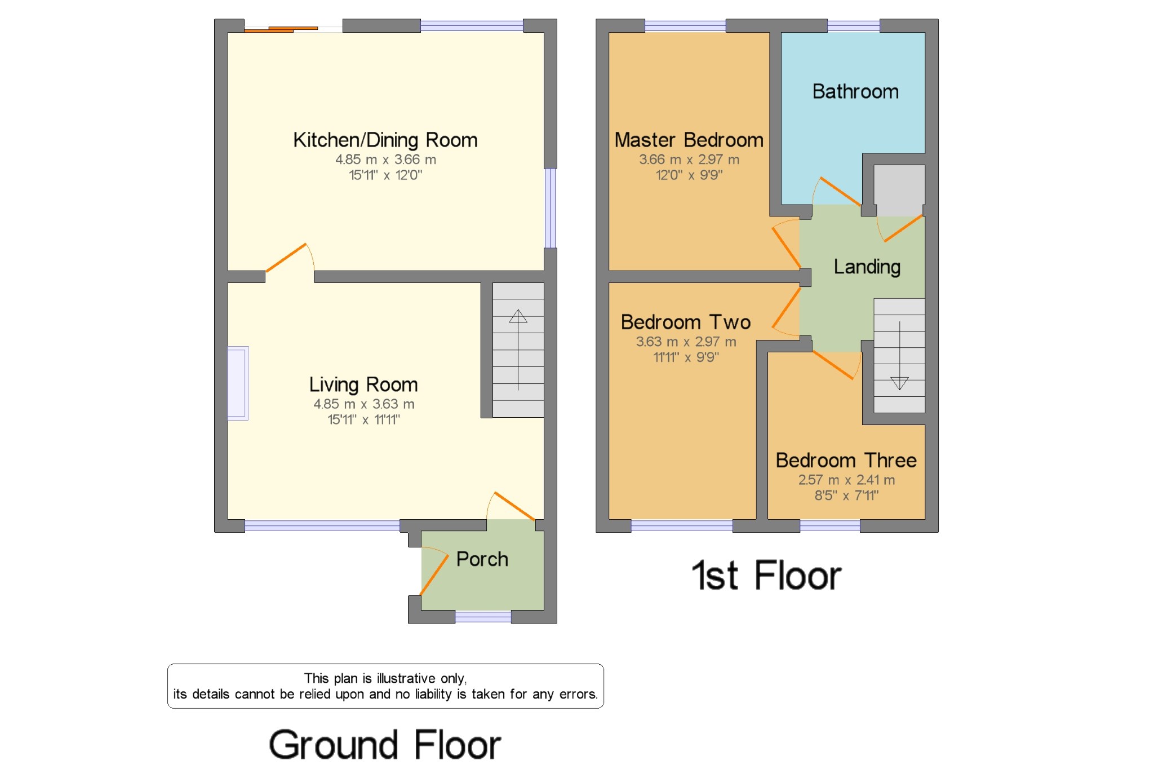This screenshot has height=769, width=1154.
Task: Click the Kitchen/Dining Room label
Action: tap(385, 140)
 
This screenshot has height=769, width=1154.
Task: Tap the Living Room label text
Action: tap(363, 385)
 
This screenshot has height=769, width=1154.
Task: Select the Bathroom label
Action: tap(855, 91)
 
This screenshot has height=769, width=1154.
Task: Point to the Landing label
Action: tap(867, 267)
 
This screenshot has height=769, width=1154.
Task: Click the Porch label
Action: tap(482, 559)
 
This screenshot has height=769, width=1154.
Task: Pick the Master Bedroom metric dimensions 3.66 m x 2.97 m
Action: tap(689, 160)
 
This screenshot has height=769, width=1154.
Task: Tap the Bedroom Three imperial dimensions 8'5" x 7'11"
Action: tap(846, 496)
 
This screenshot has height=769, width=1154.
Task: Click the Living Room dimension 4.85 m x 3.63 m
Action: tap(364, 404)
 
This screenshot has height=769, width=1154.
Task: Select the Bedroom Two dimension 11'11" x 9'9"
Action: tap(686, 357)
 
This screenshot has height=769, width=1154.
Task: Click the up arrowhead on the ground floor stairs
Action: tap(518, 316)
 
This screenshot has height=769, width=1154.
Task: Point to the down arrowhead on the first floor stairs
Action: tap(899, 383)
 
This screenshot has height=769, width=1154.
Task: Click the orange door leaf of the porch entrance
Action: tap(434, 575)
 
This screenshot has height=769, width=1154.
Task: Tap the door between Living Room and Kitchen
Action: tap(286, 258)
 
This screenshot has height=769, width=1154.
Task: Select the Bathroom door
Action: tap(840, 192)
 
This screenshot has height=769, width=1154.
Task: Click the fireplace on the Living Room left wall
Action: tap(238, 383)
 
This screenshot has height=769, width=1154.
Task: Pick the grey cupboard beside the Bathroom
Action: tap(899, 191)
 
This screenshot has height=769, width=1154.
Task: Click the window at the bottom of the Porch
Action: tap(483, 617)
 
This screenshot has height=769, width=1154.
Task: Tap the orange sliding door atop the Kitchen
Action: tap(281, 29)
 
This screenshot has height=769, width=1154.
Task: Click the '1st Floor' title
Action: tap(766, 576)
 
